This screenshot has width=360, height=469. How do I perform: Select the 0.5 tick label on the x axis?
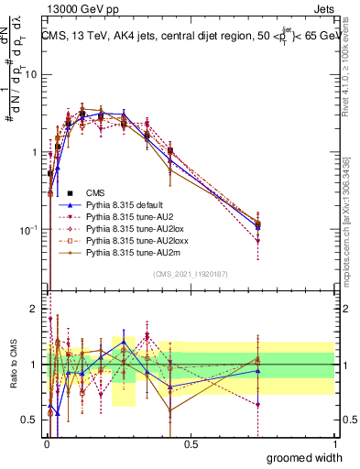(x=191, y=444)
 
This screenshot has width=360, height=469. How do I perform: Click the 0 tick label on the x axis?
(x=47, y=444)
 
